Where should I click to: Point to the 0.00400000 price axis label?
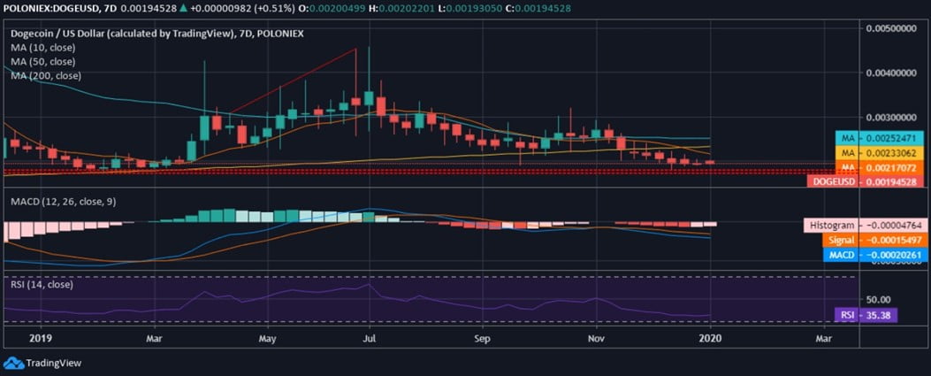coord(895,72)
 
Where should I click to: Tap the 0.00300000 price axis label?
coord(895,117)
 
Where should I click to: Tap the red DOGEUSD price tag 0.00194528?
coord(866,181)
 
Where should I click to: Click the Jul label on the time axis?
coord(370,338)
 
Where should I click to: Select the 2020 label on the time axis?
coord(711,338)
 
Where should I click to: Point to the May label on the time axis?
coord(269,338)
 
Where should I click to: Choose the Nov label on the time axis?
coord(596,338)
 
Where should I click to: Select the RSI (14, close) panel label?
coord(42,284)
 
